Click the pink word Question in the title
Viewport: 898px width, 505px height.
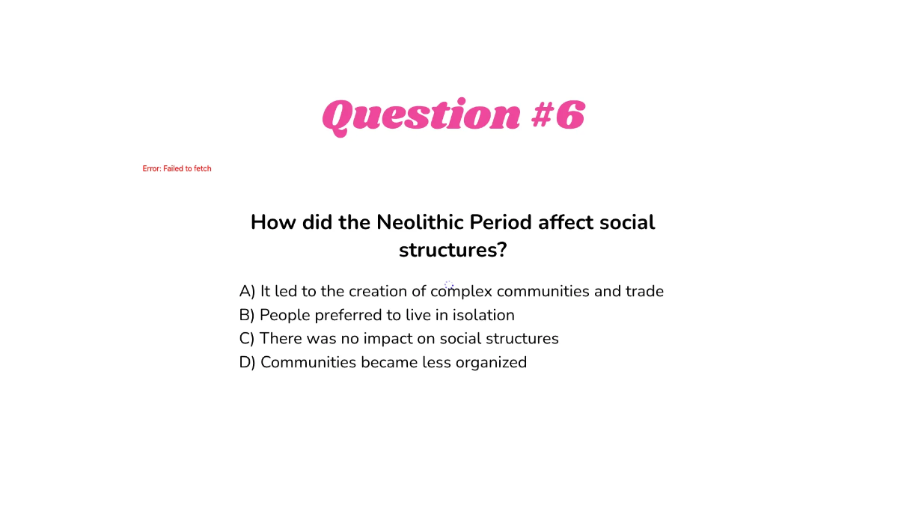421,117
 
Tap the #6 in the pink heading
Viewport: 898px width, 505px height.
558,115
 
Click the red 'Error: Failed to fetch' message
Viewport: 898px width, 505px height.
177,169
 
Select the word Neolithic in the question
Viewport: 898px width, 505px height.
420,222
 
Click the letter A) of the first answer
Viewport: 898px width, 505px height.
247,291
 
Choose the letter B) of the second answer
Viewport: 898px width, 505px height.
247,315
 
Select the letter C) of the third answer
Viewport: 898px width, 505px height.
247,338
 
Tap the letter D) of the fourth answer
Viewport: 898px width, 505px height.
247,362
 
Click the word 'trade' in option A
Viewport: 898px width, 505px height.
644,291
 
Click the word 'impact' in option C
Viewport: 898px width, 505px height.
388,338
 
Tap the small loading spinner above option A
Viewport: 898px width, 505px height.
449,284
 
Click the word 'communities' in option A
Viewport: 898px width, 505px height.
543,291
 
